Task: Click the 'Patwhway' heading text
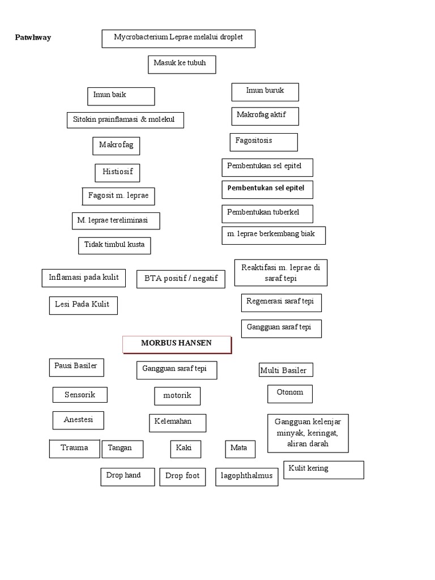[x=33, y=38]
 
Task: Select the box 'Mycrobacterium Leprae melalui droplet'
[x=178, y=39]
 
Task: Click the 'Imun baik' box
[x=121, y=96]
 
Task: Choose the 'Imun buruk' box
[x=265, y=92]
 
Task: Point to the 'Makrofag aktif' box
[x=265, y=116]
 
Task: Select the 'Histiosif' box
[x=117, y=172]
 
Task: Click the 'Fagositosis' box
[x=263, y=142]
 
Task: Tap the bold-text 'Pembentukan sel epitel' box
[x=267, y=189]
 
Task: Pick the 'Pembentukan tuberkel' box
[x=267, y=214]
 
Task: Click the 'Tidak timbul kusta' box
[x=114, y=245]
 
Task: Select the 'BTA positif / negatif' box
[x=181, y=279]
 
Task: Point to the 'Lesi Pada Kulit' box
[x=83, y=305]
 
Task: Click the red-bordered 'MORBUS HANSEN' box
[x=177, y=344]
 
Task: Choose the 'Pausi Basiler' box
[x=76, y=367]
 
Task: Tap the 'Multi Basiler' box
[x=285, y=370]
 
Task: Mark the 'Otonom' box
[x=289, y=393]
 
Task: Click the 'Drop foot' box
[x=182, y=476]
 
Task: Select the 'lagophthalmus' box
[x=246, y=477]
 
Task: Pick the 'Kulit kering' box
[x=323, y=470]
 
